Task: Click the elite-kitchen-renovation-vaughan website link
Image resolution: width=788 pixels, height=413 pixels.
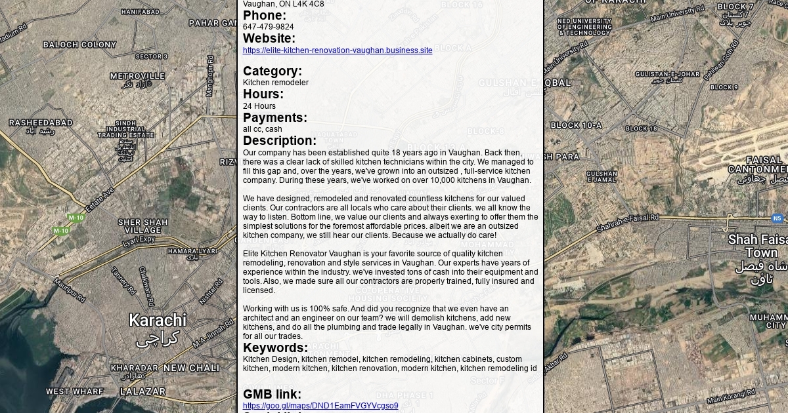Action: click(x=338, y=50)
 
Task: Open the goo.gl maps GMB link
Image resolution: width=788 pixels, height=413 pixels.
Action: click(x=320, y=406)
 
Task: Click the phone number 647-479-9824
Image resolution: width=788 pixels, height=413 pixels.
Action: click(x=268, y=27)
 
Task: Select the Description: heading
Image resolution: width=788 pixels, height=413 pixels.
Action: click(x=280, y=141)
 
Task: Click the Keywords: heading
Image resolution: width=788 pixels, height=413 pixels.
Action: click(x=275, y=348)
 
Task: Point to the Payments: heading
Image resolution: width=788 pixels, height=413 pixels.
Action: click(x=275, y=118)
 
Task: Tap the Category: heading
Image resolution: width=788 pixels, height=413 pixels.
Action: click(x=273, y=71)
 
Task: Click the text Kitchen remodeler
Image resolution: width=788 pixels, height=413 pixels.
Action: click(x=275, y=83)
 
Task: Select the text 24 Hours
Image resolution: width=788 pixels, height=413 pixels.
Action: click(x=259, y=106)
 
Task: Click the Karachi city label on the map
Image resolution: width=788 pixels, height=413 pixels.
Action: click(x=158, y=321)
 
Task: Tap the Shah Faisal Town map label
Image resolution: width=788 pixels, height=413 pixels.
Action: click(x=761, y=246)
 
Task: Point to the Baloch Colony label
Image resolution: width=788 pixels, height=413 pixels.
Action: click(x=79, y=45)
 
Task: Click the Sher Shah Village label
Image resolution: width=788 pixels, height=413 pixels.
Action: click(x=142, y=226)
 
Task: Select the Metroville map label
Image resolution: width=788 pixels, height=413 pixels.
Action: click(x=137, y=76)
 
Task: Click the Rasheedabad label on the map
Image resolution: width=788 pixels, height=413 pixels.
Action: click(x=41, y=123)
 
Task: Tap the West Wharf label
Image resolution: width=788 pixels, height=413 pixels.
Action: click(x=75, y=391)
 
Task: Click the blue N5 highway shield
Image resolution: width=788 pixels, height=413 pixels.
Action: click(x=777, y=218)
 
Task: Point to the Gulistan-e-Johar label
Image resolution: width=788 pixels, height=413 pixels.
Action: click(x=667, y=75)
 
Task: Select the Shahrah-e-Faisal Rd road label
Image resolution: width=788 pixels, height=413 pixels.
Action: click(x=627, y=223)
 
